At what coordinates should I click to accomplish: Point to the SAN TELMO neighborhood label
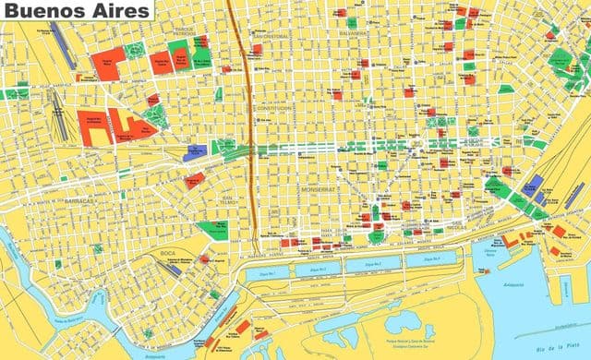229,200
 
